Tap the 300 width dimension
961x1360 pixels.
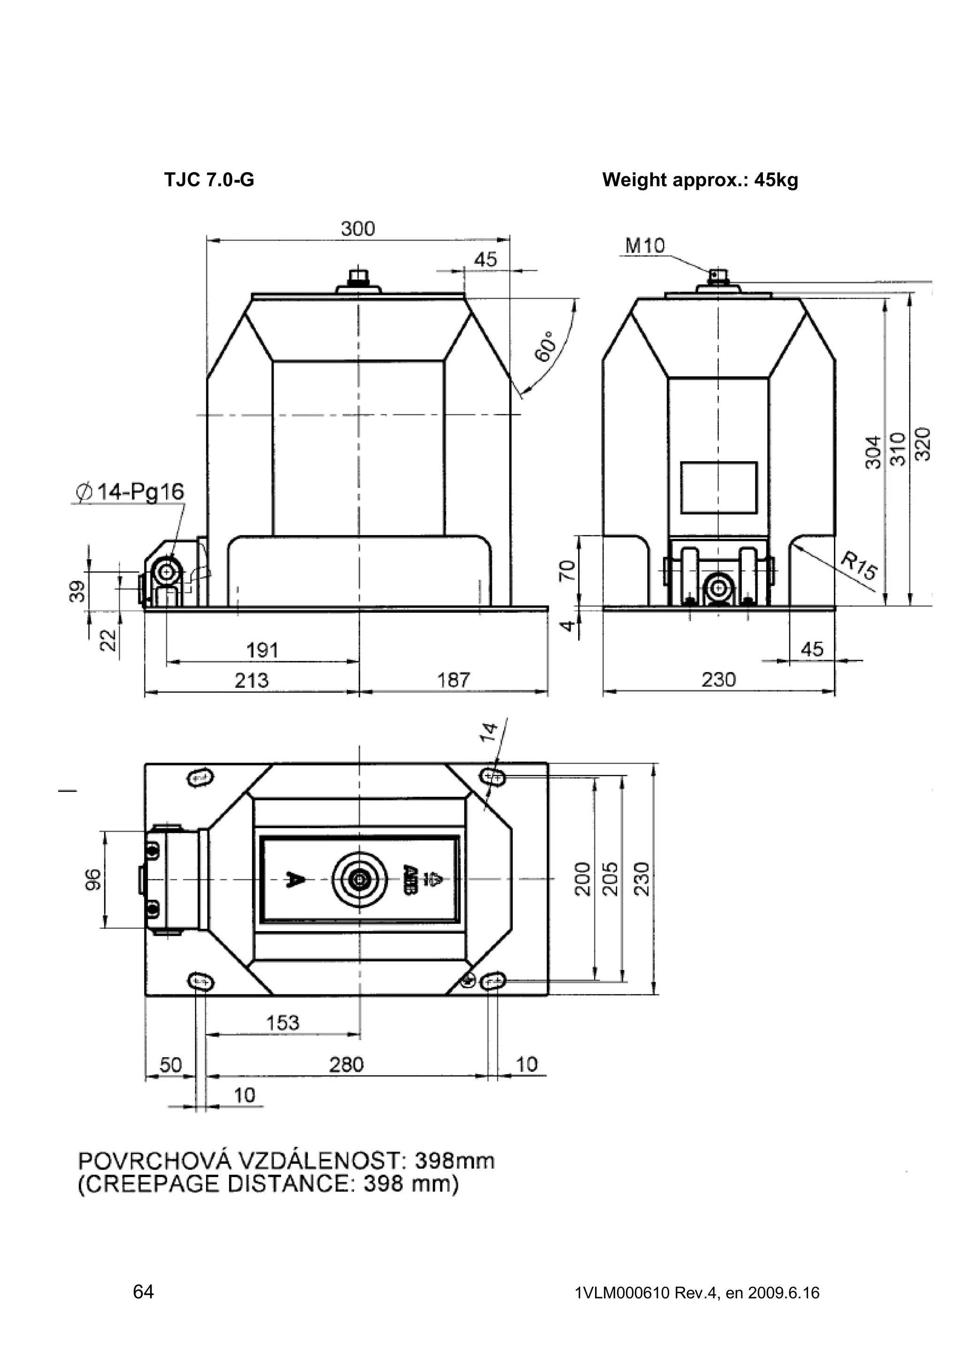(x=358, y=229)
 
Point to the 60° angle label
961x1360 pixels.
(x=545, y=345)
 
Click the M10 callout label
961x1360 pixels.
(x=645, y=245)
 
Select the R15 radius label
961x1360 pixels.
(x=859, y=565)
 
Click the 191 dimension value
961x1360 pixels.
(x=262, y=650)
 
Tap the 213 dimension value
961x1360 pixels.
(x=251, y=680)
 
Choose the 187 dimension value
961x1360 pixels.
(x=454, y=680)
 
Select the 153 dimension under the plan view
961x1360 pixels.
(x=283, y=1023)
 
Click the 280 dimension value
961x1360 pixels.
(x=346, y=1064)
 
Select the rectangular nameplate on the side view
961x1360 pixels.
(x=718, y=488)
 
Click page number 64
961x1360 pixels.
(x=143, y=1291)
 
